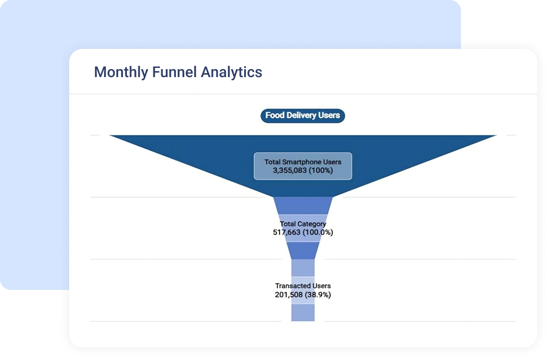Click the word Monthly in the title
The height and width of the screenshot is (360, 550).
coord(121,73)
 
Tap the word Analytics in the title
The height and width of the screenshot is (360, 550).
coord(231,73)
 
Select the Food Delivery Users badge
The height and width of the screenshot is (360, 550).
coord(303,115)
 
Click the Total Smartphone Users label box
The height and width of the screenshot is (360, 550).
coord(303,166)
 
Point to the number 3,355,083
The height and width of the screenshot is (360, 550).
coord(290,171)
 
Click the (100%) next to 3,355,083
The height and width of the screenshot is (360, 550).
coord(321,171)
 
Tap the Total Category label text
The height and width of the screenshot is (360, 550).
coord(303,224)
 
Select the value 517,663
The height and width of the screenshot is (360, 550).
coord(286,232)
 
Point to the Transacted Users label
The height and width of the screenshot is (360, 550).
coord(303,286)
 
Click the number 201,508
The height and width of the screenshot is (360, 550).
coord(289,295)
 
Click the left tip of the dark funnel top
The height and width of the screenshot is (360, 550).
coord(109,135)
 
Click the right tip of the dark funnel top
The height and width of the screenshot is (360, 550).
coord(497,135)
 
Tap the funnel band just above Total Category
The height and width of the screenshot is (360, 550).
coord(303,206)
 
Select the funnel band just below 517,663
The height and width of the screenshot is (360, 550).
coord(303,251)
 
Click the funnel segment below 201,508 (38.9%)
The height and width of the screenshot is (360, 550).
coord(303,312)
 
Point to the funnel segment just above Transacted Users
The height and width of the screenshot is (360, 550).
coord(303,268)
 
